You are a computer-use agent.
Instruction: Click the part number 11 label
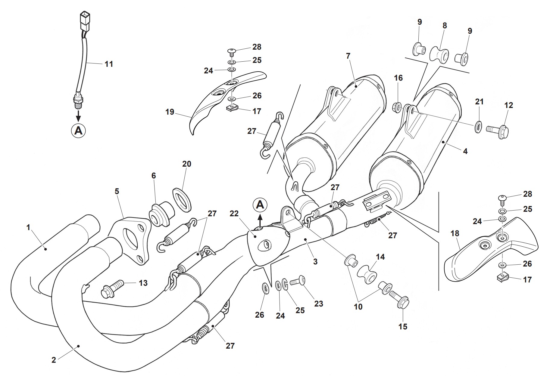tap(109, 64)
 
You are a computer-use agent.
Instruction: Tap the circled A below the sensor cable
tap(78, 131)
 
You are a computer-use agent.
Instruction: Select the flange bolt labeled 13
tap(113, 288)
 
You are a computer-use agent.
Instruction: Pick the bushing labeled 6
tap(161, 215)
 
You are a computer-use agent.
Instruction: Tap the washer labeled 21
tap(478, 127)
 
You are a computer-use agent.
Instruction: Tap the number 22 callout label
tap(234, 214)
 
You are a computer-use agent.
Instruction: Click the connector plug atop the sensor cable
tap(85, 20)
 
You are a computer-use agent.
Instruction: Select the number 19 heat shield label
tap(170, 112)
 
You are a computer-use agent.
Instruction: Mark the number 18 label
tap(455, 233)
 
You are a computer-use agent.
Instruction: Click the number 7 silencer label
tap(348, 56)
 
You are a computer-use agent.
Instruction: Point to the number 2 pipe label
tap(54, 360)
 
